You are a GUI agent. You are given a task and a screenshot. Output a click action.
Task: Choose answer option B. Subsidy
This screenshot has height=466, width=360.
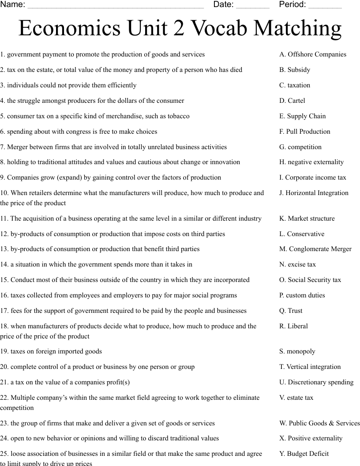point(295,70)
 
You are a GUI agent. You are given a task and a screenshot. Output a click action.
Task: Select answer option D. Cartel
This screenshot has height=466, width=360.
point(292,101)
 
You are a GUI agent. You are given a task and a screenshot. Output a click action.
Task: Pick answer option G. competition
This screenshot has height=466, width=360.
point(300,147)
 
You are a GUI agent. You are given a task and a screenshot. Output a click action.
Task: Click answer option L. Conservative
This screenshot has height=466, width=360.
point(302,234)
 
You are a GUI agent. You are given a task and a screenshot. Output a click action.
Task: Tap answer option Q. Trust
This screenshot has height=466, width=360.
point(291,311)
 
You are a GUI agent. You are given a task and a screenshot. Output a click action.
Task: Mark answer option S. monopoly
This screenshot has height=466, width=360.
point(297,351)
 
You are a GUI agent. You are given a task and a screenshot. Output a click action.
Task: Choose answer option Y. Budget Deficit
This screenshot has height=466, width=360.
point(304,454)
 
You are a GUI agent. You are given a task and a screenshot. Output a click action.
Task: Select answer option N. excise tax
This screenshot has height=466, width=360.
point(298,264)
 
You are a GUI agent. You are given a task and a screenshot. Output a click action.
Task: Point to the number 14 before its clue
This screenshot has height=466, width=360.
point(4,264)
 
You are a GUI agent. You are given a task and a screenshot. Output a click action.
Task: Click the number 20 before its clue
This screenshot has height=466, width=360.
point(4,367)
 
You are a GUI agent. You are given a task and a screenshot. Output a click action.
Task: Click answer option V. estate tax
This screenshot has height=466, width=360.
point(296,398)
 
